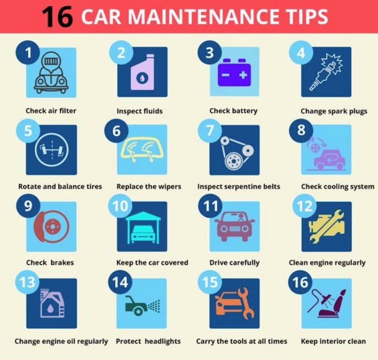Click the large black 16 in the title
(x=57, y=17)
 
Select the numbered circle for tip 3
(x=210, y=52)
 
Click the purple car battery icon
(x=234, y=72)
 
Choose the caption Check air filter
(x=51, y=111)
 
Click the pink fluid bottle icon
(x=142, y=72)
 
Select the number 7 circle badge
(x=210, y=130)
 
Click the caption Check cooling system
(x=338, y=187)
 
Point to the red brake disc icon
(x=51, y=226)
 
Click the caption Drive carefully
(x=234, y=263)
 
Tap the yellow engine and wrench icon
(x=327, y=226)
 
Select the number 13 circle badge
(x=27, y=282)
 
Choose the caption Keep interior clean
(x=334, y=341)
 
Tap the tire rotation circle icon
(x=51, y=149)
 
